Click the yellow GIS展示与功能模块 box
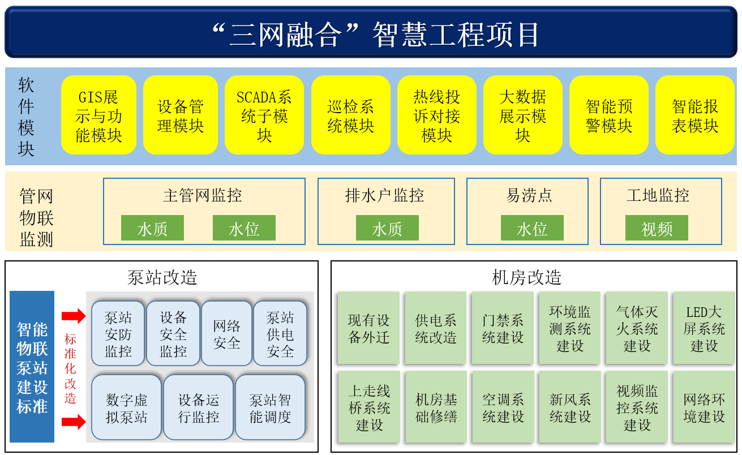(98, 115)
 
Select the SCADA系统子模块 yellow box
(264, 115)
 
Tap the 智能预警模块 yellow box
(608, 115)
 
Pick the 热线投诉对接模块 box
(436, 115)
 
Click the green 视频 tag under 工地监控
(657, 228)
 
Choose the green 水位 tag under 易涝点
(532, 228)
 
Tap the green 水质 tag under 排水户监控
(387, 228)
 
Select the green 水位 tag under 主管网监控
(244, 228)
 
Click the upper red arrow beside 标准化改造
(74, 316)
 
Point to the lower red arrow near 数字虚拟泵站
(74, 422)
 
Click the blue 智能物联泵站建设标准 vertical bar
(32, 367)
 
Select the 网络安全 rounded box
(226, 333)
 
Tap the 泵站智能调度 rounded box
(271, 407)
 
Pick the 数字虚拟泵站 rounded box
(127, 407)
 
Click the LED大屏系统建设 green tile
(704, 328)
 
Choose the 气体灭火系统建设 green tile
(637, 328)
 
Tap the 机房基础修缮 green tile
(436, 407)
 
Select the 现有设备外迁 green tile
(368, 328)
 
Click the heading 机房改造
(527, 277)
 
